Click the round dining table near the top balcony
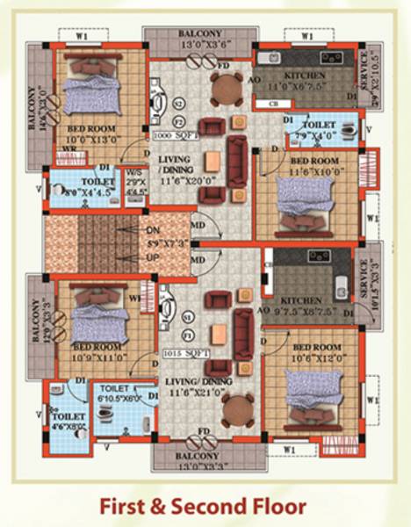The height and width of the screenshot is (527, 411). pos(227,89)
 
